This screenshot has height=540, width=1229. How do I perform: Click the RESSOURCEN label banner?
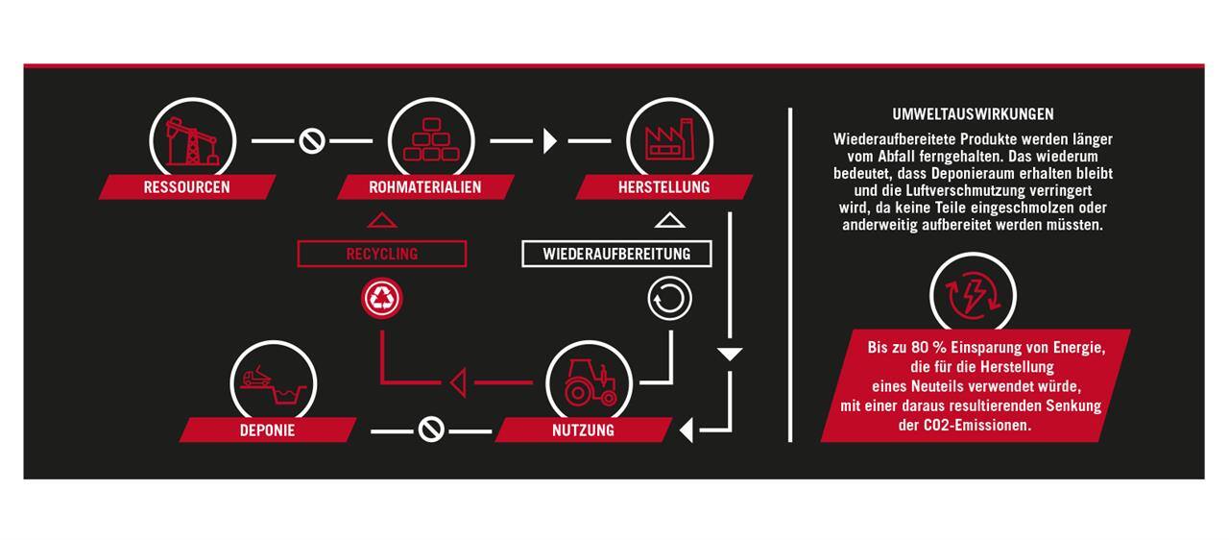tap(187, 187)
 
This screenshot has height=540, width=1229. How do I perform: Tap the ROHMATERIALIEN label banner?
tap(425, 187)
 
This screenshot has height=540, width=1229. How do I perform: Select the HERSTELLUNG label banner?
tap(663, 187)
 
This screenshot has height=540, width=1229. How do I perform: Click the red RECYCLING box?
tap(382, 254)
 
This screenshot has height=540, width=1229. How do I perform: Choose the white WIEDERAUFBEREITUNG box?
tap(616, 254)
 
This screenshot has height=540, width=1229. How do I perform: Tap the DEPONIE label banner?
tap(268, 430)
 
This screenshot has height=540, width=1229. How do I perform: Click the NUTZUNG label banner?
tap(583, 430)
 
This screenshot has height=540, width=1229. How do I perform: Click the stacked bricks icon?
tap(431, 140)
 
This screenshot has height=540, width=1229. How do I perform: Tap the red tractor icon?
tap(590, 382)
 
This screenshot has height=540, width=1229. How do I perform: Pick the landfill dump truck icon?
tap(274, 384)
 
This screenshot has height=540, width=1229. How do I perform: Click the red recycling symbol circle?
tap(382, 299)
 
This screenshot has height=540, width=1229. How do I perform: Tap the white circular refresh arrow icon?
tap(669, 299)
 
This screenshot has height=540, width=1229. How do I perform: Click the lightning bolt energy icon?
tap(973, 296)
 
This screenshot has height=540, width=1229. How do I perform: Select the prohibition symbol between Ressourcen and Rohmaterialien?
tap(312, 141)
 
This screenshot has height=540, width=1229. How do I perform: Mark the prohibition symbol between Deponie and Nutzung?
tap(431, 430)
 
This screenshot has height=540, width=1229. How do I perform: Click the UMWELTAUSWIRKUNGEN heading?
tap(973, 114)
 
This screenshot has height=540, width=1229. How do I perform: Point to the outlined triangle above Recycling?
tap(382, 221)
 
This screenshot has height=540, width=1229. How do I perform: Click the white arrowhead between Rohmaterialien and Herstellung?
tap(550, 141)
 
